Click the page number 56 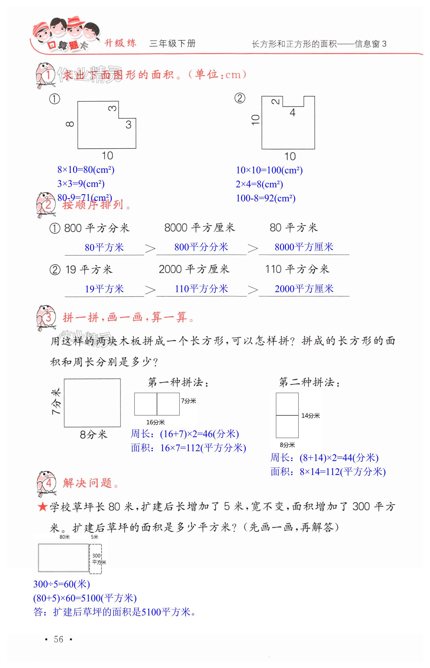point(58,639)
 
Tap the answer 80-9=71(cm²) point(85,198)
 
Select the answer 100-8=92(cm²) point(266,198)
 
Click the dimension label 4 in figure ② point(292,113)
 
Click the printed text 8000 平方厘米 point(199,228)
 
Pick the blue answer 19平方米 point(104,289)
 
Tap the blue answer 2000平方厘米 point(304,289)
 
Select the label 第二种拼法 point(309,382)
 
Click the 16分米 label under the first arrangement point(156,422)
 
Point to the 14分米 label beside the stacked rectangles point(311,416)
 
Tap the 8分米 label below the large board point(93,435)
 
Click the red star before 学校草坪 point(43,507)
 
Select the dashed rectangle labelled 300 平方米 point(95,559)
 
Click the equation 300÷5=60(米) point(61,584)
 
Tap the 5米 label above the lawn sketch point(94,537)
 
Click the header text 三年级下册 point(172,44)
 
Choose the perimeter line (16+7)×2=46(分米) point(185,434)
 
